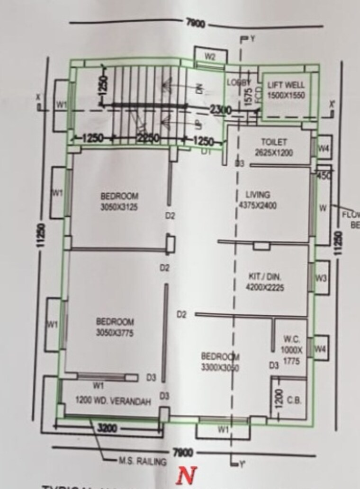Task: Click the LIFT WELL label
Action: (x=286, y=86)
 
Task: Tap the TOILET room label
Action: (x=274, y=142)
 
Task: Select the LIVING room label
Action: (x=258, y=195)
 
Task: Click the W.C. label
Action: (x=290, y=339)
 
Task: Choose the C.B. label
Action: (x=294, y=400)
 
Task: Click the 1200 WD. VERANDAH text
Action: (x=113, y=401)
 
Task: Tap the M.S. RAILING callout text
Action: (x=142, y=461)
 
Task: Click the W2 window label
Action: (x=210, y=57)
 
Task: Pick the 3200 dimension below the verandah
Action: (x=107, y=429)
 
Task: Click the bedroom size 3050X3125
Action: (x=119, y=207)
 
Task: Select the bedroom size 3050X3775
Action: (x=115, y=333)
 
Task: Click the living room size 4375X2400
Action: (x=258, y=205)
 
